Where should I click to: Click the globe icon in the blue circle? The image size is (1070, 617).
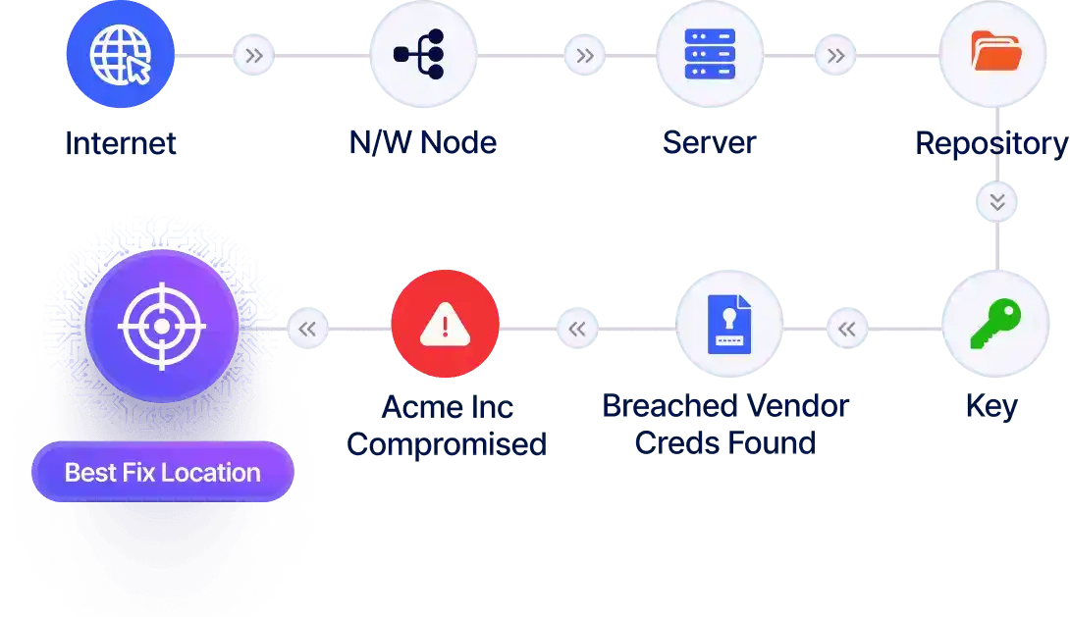click(119, 54)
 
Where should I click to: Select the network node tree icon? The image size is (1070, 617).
click(423, 54)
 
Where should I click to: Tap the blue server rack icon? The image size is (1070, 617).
click(710, 54)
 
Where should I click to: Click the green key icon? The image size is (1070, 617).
click(995, 325)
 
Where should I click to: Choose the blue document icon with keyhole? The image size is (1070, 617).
click(729, 325)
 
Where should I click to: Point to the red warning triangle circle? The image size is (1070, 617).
click(445, 325)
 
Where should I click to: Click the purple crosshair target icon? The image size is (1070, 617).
click(162, 325)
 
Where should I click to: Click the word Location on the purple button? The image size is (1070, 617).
click(211, 473)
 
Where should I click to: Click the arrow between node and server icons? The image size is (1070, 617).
click(585, 56)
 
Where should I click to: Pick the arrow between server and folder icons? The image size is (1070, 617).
click(835, 56)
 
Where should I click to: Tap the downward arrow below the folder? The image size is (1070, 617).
click(997, 203)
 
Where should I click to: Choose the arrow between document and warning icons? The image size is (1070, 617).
click(577, 329)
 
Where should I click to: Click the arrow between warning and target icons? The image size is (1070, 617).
click(307, 329)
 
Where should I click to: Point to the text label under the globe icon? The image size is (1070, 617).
click(121, 143)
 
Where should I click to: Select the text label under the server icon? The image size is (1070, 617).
click(709, 143)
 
